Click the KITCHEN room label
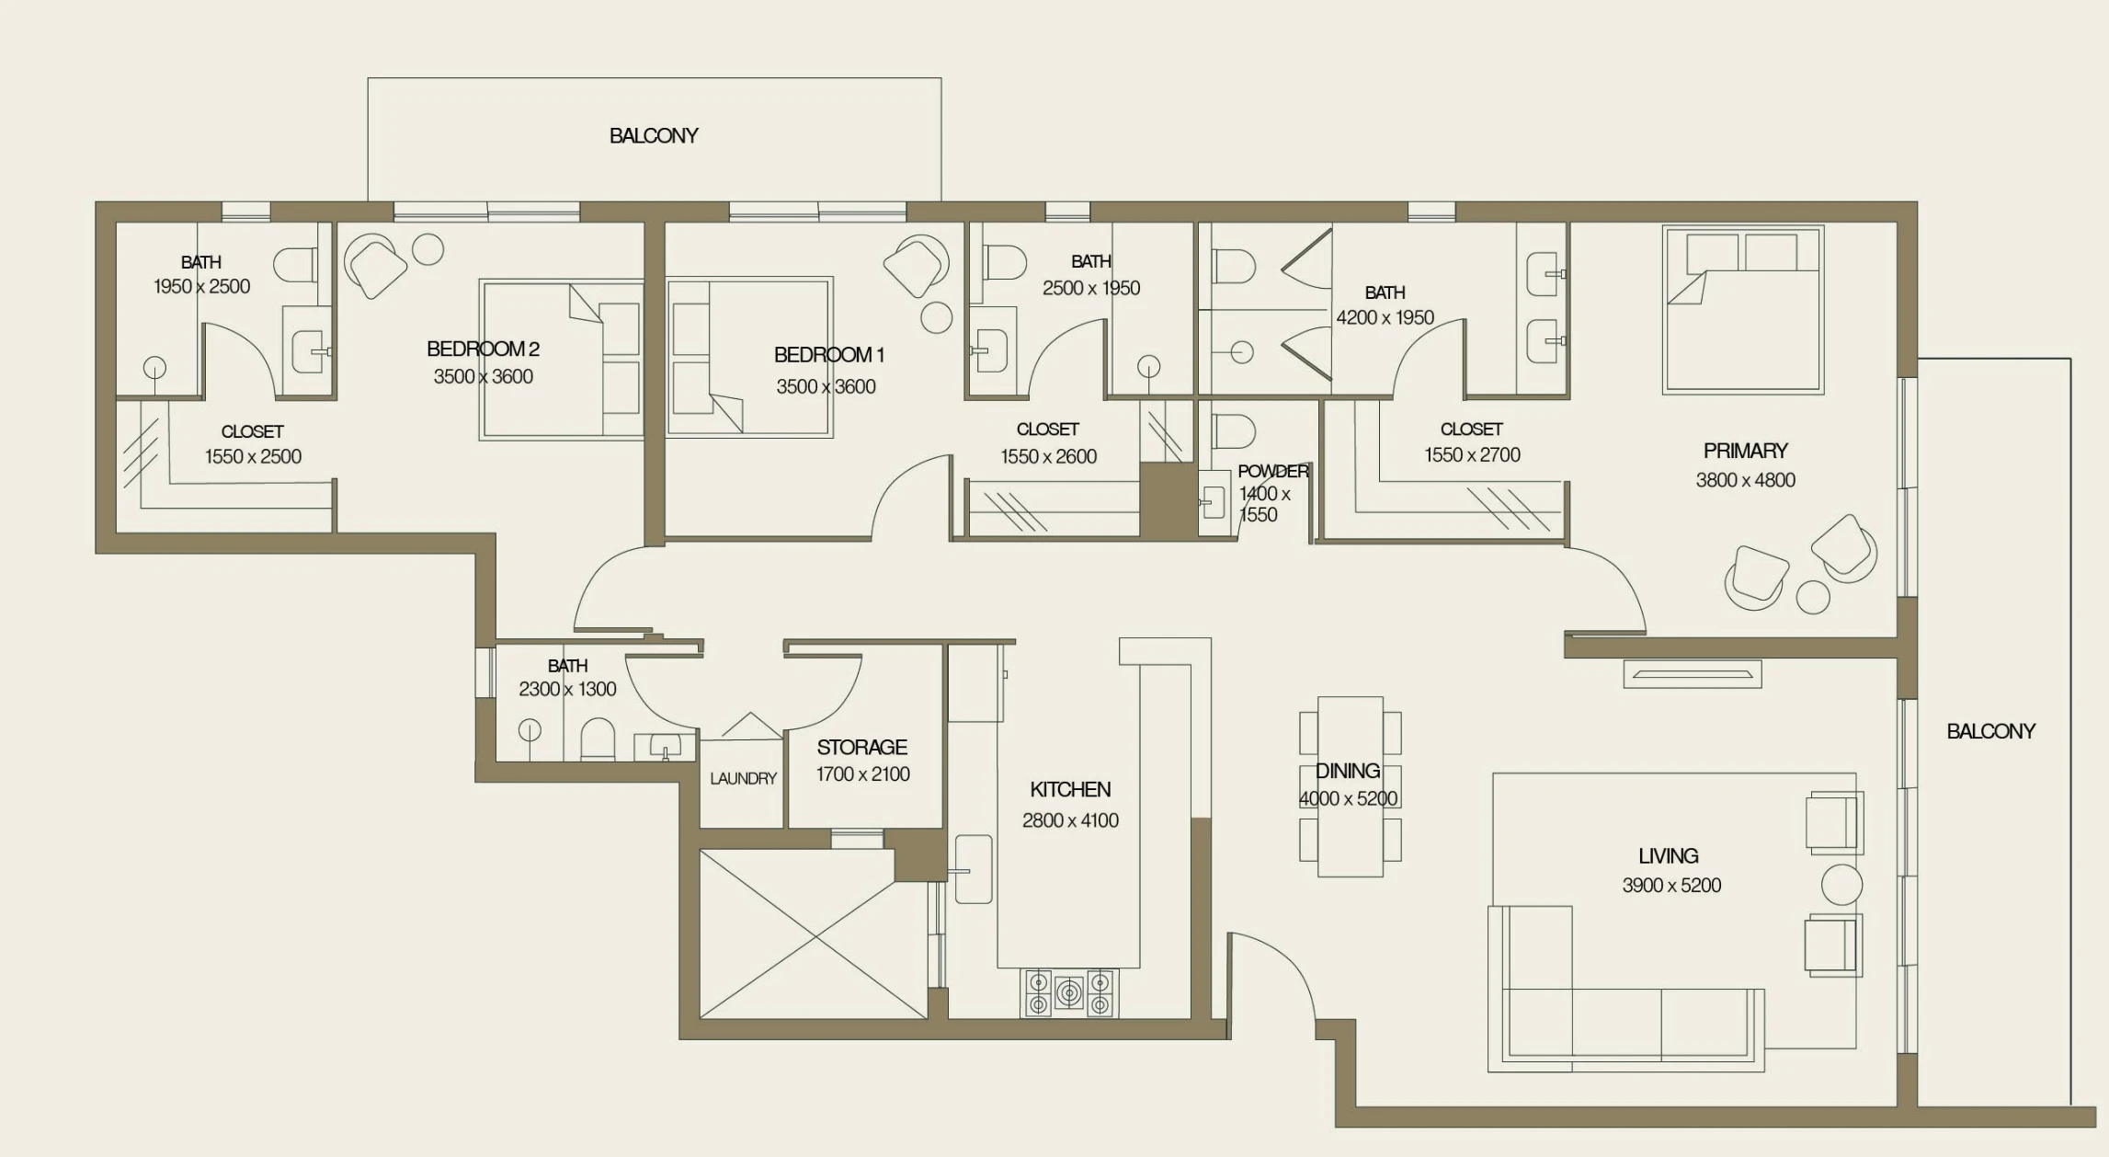point(1070,789)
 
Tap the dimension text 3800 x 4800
point(1745,480)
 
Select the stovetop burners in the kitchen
point(1069,993)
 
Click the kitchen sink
point(973,869)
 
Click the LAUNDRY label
point(743,778)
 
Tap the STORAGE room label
point(861,747)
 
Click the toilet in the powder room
point(1233,430)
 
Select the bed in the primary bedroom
point(1743,311)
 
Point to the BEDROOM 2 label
point(483,349)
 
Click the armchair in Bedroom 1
point(916,265)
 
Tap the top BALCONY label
point(654,136)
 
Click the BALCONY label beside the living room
point(1990,731)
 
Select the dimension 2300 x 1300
point(567,689)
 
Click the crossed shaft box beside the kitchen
point(813,934)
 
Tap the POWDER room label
point(1272,471)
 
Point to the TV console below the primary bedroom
point(1692,674)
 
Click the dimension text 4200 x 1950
point(1385,317)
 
